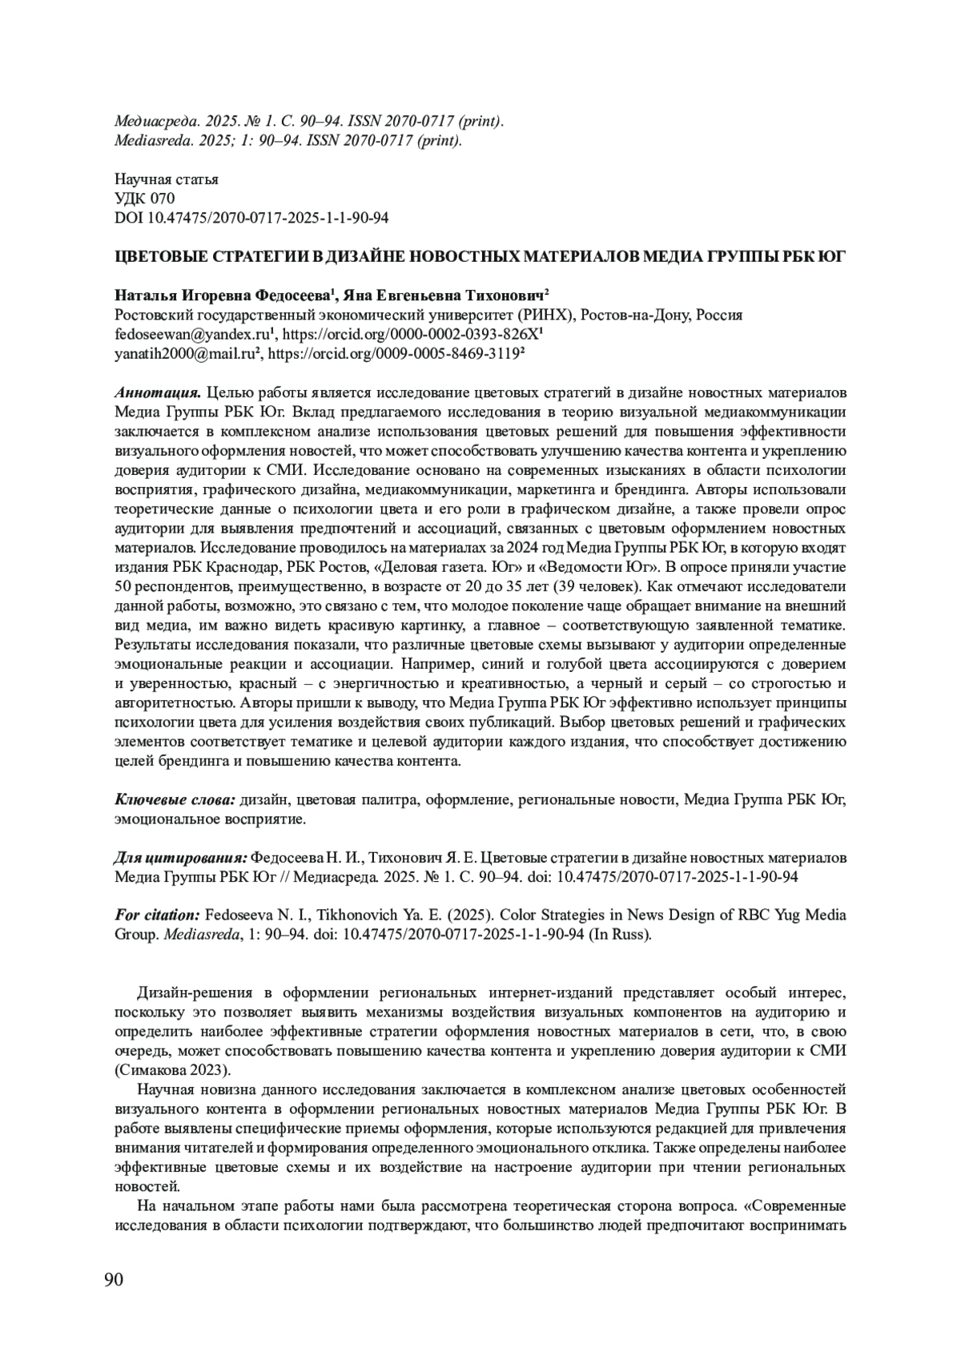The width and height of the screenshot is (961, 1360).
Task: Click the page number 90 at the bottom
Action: coord(114,1279)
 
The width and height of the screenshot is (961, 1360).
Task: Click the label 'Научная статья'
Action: coord(167,179)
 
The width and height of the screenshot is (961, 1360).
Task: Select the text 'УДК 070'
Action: coord(145,199)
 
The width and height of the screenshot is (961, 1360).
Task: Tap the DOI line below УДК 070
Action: coord(252,218)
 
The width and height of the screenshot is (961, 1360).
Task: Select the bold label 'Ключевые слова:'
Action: coord(175,800)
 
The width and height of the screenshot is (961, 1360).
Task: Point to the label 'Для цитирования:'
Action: coord(182,858)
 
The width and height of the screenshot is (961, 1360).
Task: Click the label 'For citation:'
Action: coord(157,915)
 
